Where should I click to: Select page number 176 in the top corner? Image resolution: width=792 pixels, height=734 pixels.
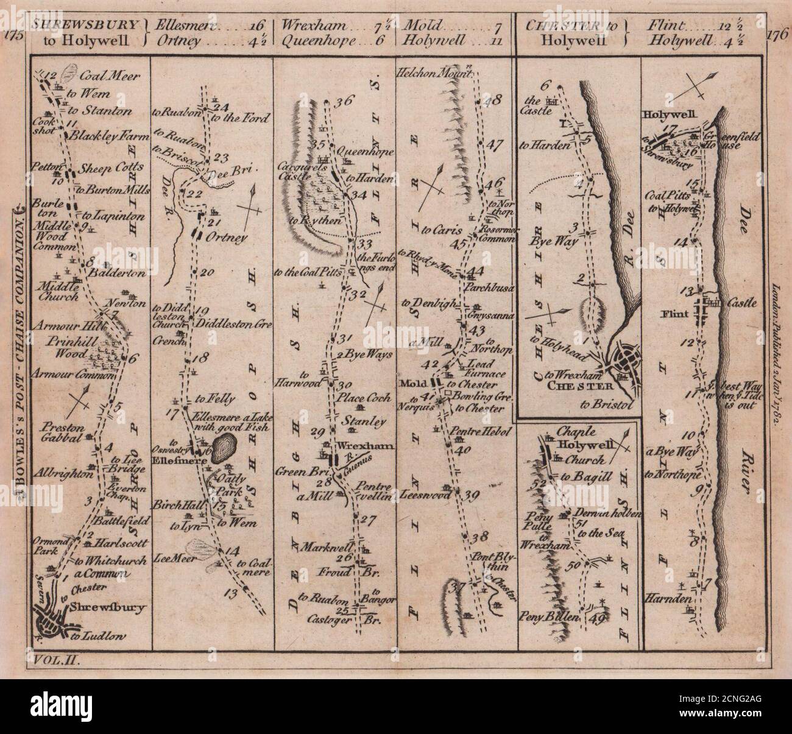coord(776,35)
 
